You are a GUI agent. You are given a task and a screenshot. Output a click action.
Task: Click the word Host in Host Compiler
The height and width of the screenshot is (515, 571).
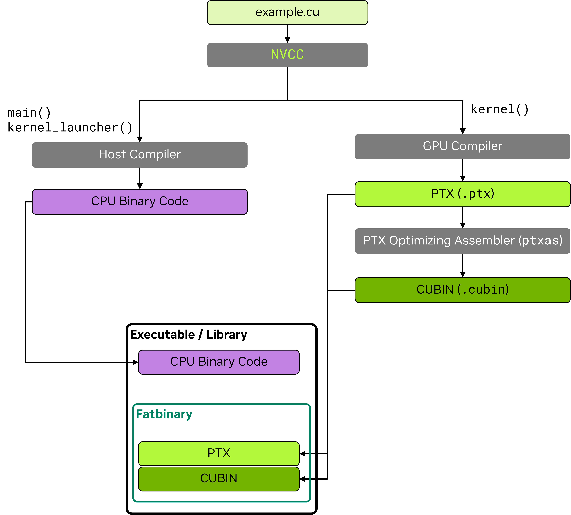pos(112,154)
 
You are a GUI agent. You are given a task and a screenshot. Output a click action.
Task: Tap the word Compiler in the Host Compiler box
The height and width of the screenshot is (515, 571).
pos(155,154)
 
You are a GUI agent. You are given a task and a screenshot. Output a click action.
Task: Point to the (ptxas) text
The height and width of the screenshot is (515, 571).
pos(540,241)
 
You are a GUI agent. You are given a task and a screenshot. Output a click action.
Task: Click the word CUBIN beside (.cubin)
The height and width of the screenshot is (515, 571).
pos(435,290)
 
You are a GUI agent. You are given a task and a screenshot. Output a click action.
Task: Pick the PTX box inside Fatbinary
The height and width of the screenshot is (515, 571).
pos(219,453)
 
